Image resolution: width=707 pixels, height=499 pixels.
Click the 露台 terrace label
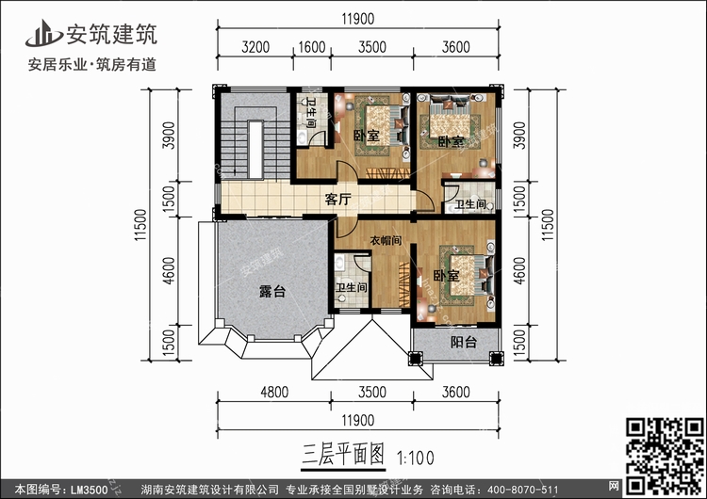coord(272,291)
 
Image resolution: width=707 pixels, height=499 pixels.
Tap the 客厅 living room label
coord(337,199)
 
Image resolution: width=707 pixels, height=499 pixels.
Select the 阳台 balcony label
coord(464,343)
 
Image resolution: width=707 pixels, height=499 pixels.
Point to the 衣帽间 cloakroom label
coord(386,240)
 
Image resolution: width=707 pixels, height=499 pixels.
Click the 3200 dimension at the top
coord(255,47)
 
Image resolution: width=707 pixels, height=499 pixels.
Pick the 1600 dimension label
coord(312,47)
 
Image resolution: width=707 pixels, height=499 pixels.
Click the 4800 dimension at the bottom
coord(274,393)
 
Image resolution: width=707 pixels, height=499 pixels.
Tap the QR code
coord(665,456)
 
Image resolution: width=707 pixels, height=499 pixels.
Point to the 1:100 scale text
coord(415,458)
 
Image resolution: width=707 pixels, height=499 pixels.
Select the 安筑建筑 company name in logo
coord(112,34)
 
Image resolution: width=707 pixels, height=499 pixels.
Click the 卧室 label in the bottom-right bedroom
coord(446,275)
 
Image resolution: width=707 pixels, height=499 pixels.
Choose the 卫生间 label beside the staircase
coord(310,113)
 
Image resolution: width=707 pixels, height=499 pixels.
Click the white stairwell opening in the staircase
coord(255,150)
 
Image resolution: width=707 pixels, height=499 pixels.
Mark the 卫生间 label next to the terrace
coord(352,287)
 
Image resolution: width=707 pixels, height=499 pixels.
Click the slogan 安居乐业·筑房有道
coord(92,64)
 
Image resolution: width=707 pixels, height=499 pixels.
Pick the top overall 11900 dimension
coord(358,19)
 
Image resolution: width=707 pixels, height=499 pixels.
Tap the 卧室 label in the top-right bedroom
coord(451,141)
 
